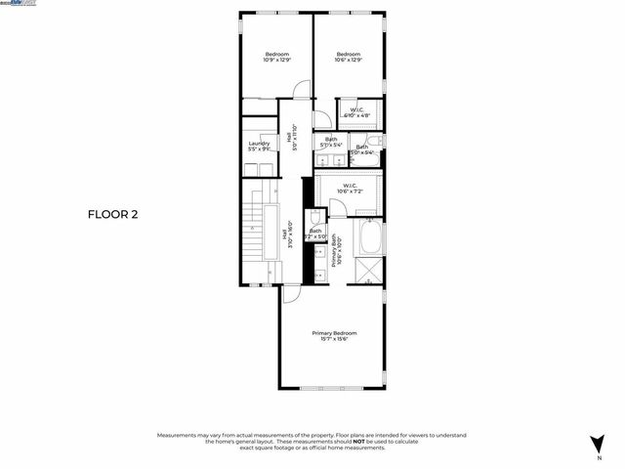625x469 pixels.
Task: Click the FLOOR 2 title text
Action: tap(113, 214)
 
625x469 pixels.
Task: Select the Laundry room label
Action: tap(259, 147)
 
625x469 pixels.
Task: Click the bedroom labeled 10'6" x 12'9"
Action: tap(349, 57)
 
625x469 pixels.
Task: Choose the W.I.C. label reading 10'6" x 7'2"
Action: tap(348, 188)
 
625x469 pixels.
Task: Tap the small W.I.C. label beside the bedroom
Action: tap(356, 112)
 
